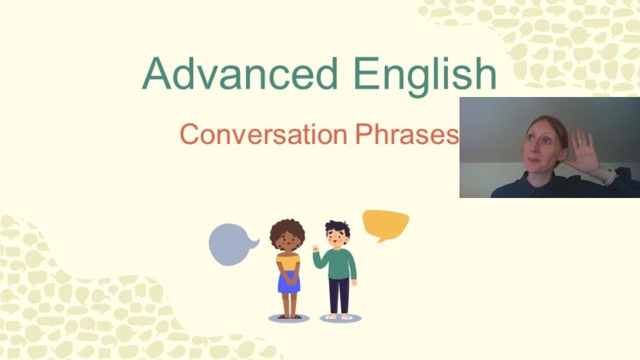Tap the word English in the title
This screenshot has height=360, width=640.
click(424, 75)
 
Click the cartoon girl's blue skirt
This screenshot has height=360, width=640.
click(288, 282)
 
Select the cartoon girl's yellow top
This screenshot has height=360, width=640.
click(288, 261)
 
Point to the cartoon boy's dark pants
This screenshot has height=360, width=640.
click(339, 295)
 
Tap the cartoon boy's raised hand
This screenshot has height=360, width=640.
click(315, 248)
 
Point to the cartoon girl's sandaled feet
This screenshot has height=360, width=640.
click(289, 316)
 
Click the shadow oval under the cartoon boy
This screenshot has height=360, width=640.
click(340, 318)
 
